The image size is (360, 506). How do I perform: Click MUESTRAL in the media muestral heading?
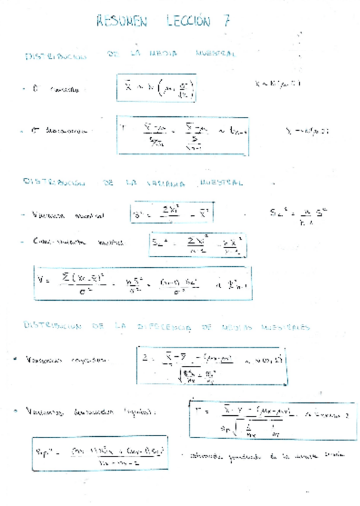(x=216, y=54)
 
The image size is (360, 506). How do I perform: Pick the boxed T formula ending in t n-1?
(x=183, y=134)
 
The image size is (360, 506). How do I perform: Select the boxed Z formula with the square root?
(x=211, y=365)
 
